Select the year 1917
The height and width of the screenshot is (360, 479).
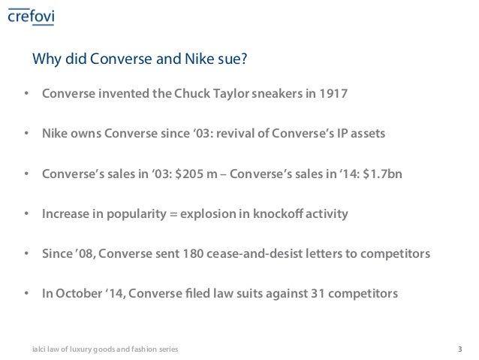pyautogui.click(x=333, y=95)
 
